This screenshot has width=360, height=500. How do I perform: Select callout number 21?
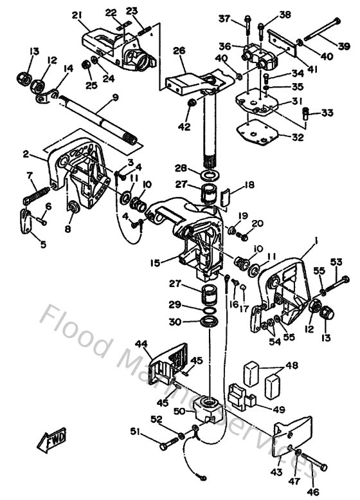[x=78, y=15]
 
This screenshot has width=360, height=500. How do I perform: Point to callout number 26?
[x=179, y=50]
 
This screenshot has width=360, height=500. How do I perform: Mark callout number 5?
[x=26, y=245]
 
